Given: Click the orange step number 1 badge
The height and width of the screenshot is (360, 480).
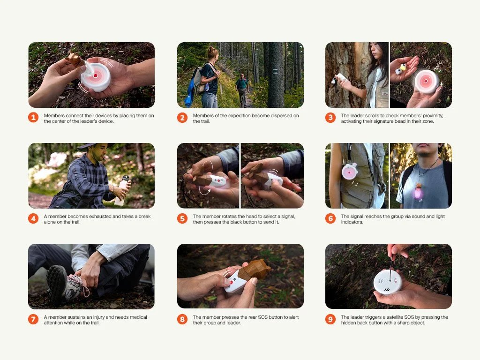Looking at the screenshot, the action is (33, 118).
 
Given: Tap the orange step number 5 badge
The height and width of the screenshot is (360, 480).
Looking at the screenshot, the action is (182, 218).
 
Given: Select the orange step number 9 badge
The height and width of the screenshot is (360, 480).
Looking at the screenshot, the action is (330, 319).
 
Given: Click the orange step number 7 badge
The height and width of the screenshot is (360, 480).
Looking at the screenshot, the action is (33, 319).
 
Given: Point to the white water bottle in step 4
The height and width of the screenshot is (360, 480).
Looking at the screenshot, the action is (121, 190).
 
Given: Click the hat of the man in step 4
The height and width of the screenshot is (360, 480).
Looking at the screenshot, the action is (92, 146).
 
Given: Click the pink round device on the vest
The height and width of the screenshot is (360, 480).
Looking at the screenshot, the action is (350, 172).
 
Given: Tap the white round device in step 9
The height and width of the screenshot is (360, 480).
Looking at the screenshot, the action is (388, 282).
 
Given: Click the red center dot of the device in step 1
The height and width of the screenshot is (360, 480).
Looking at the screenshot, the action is (96, 75).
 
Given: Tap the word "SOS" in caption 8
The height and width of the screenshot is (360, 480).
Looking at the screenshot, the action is (263, 317).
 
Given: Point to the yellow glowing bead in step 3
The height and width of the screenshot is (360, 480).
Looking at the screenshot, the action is (403, 67).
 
